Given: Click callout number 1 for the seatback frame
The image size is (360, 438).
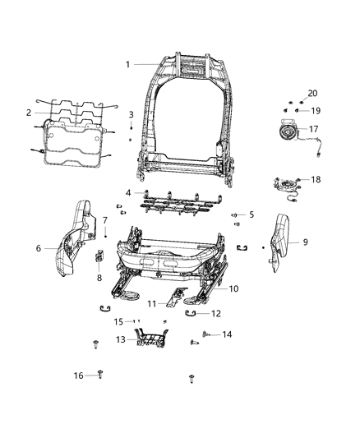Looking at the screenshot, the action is [127, 65].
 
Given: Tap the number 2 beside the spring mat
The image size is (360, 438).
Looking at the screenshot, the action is [29, 113].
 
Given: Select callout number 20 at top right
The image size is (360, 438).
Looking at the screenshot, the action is [312, 93].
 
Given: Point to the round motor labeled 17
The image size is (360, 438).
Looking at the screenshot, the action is [287, 131].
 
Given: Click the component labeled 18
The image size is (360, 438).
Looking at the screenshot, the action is [285, 185].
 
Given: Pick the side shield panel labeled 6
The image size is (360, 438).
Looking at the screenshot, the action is [75, 239].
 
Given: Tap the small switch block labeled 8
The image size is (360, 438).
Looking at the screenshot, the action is [99, 256].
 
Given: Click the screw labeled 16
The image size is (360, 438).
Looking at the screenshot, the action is [100, 374].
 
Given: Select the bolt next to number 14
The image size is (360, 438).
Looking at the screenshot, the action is [206, 334].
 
